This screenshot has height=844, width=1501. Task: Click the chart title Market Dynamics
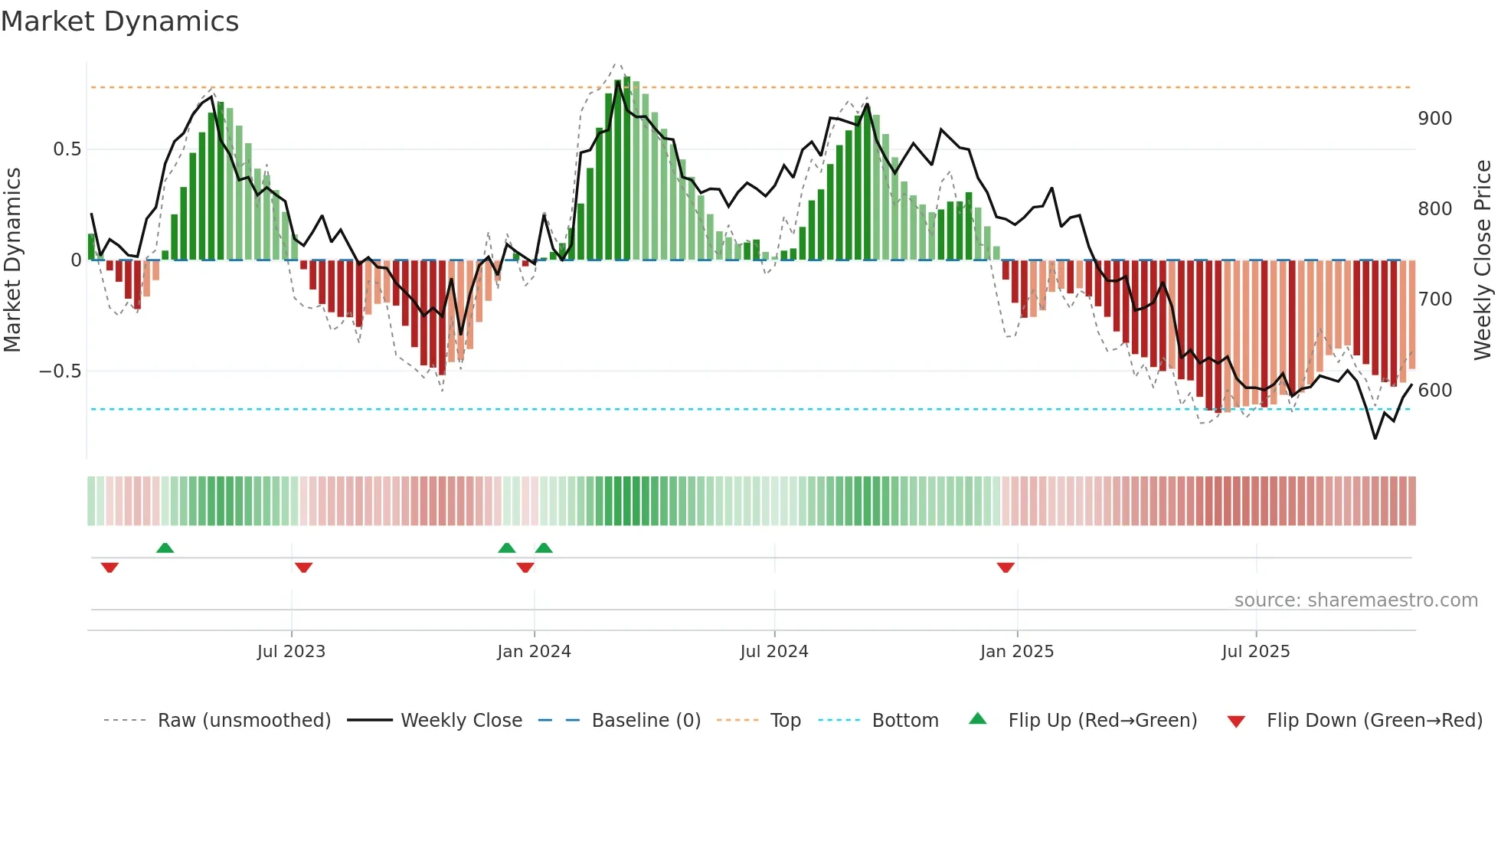[119, 21]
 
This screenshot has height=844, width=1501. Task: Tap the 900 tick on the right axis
[1434, 119]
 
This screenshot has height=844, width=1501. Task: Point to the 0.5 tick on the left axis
[67, 149]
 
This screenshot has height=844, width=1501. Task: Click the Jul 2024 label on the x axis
[773, 652]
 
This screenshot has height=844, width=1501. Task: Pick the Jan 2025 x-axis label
[1016, 652]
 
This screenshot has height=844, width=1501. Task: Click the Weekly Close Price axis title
[1483, 260]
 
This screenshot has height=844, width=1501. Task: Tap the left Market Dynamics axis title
[12, 260]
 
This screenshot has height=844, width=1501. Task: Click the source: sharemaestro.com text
[1355, 600]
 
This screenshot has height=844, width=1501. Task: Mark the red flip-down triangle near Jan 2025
[1006, 568]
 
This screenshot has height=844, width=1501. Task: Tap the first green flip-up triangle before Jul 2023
[165, 548]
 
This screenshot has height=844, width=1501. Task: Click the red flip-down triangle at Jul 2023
[303, 568]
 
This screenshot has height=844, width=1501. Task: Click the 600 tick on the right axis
[1434, 391]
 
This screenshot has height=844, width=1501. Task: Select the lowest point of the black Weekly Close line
[1375, 438]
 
